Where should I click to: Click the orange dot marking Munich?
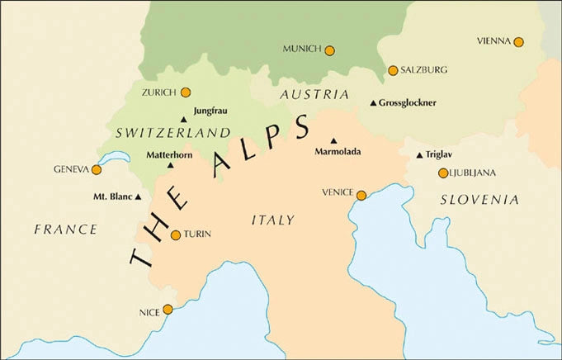pyautogui.click(x=329, y=50)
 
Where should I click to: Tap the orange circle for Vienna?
pyautogui.click(x=518, y=42)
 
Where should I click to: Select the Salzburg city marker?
pyautogui.click(x=393, y=70)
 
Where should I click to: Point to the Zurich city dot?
pyautogui.click(x=186, y=92)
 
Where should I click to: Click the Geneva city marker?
pyautogui.click(x=97, y=169)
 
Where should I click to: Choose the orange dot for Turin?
pyautogui.click(x=175, y=235)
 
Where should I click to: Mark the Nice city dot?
pyautogui.click(x=168, y=310)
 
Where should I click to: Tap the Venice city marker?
pyautogui.click(x=361, y=195)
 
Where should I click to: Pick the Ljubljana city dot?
pyautogui.click(x=443, y=173)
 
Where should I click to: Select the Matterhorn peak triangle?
pyautogui.click(x=171, y=165)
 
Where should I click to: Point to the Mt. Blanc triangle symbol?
pyautogui.click(x=138, y=197)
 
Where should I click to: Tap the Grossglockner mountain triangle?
pyautogui.click(x=373, y=103)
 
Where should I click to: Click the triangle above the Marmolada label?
pyautogui.click(x=334, y=141)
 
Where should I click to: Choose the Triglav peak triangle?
pyautogui.click(x=419, y=155)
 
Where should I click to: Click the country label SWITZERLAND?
pyautogui.click(x=172, y=132)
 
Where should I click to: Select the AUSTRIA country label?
pyautogui.click(x=314, y=95)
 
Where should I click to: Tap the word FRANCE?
pyautogui.click(x=66, y=229)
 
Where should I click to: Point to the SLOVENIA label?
pyautogui.click(x=479, y=200)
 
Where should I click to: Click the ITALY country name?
pyautogui.click(x=272, y=220)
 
